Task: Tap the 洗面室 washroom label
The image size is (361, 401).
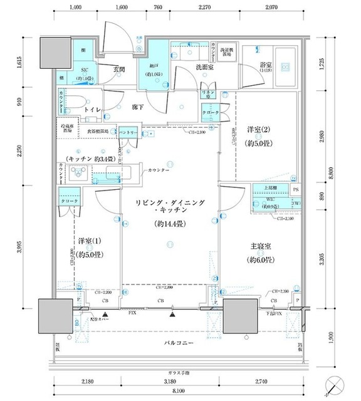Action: point(205,67)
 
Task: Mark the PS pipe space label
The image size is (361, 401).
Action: point(296,187)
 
